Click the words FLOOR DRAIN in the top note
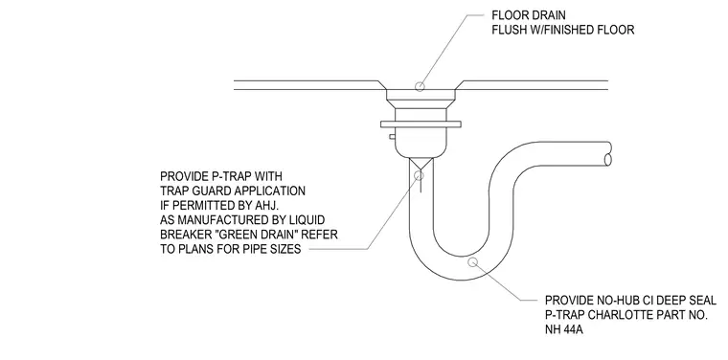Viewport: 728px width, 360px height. pyautogui.click(x=529, y=15)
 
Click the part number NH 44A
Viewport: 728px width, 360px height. pyautogui.click(x=563, y=330)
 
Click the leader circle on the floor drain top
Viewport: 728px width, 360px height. pyautogui.click(x=420, y=86)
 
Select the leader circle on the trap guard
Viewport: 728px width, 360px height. pyautogui.click(x=419, y=175)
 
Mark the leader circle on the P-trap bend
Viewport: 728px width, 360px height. pyautogui.click(x=472, y=262)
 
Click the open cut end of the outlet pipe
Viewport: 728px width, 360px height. pyautogui.click(x=607, y=160)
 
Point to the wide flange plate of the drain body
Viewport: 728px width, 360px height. pyautogui.click(x=421, y=124)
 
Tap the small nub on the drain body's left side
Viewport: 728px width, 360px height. pyautogui.click(x=393, y=136)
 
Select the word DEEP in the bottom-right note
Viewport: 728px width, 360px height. pyautogui.click(x=660, y=300)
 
